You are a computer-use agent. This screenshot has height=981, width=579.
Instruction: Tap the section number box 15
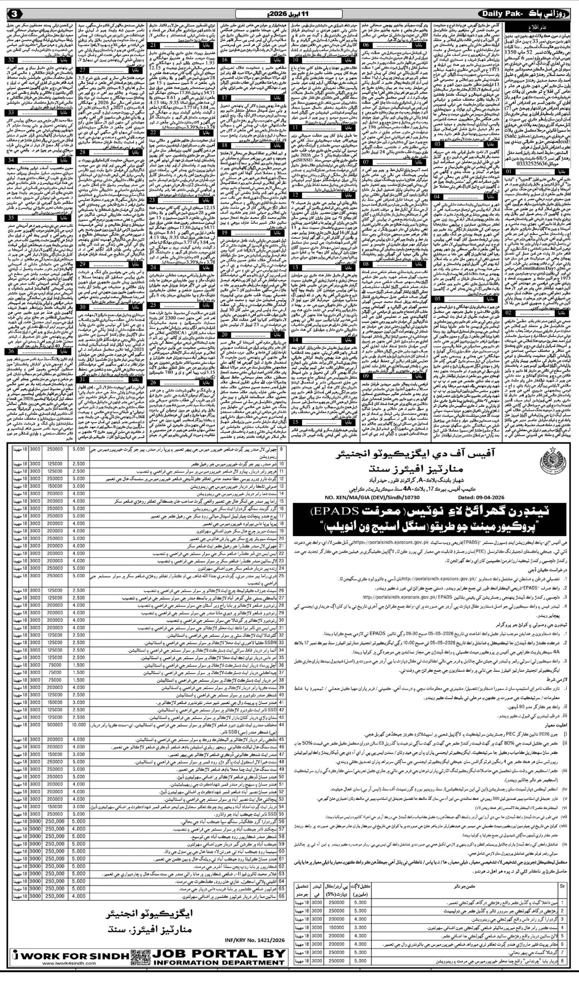tap(296, 422)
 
